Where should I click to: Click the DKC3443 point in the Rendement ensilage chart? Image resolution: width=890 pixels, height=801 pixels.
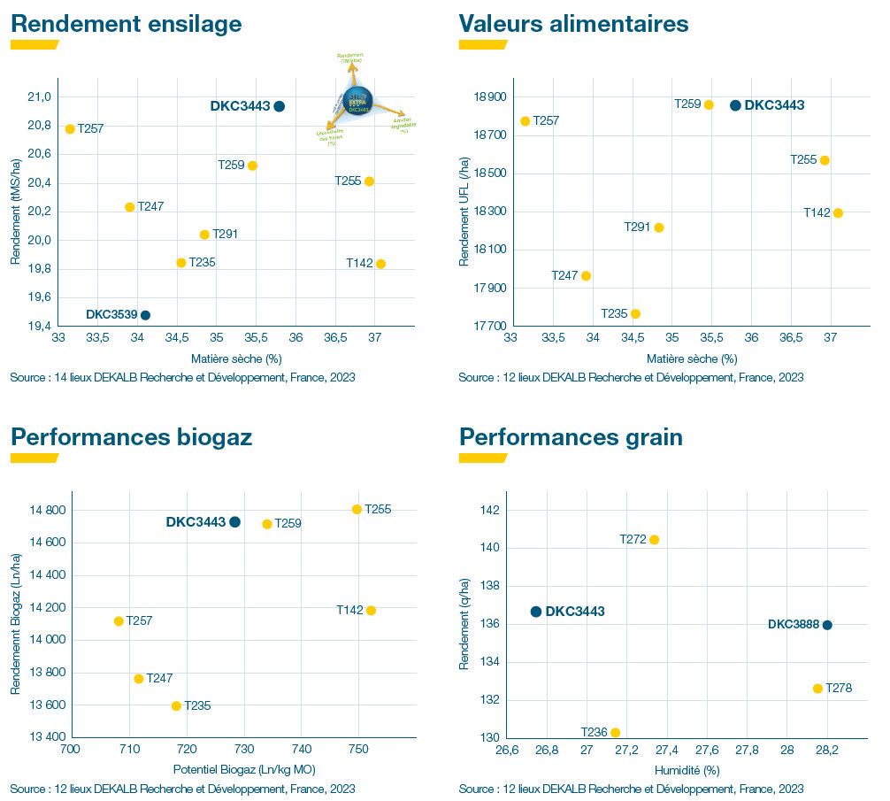(x=280, y=106)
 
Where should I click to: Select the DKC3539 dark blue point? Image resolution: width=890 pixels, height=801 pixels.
(x=145, y=315)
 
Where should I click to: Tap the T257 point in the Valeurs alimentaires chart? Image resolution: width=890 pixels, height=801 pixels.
(x=525, y=121)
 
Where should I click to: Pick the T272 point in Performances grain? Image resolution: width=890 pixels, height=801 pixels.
(x=654, y=540)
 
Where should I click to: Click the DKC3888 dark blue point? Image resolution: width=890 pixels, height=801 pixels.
(x=827, y=625)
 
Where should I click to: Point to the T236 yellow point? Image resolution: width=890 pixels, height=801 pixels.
(x=615, y=733)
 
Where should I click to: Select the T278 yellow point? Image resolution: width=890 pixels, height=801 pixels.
(x=817, y=689)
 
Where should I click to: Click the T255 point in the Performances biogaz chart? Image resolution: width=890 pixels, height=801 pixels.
(x=357, y=509)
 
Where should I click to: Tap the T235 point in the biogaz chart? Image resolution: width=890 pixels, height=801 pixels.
(x=176, y=706)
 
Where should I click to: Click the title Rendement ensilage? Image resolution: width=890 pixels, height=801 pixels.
(x=126, y=24)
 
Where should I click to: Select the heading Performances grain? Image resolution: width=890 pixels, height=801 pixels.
(x=571, y=437)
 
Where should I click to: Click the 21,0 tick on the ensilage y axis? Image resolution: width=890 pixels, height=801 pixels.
(x=42, y=96)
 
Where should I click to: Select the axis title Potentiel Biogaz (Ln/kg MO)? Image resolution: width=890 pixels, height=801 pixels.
(x=243, y=768)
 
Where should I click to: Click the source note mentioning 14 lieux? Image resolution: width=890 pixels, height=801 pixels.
(x=183, y=378)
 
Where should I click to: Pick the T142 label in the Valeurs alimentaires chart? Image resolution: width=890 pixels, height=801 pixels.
(x=817, y=212)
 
